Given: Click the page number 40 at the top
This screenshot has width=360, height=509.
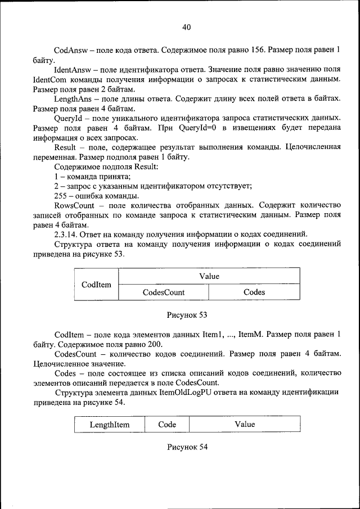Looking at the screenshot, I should (x=187, y=27).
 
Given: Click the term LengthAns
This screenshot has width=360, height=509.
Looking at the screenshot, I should (x=73, y=98).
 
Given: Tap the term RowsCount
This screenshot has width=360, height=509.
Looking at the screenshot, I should (x=74, y=206).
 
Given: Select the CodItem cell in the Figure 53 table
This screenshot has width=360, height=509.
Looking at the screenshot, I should (x=96, y=285).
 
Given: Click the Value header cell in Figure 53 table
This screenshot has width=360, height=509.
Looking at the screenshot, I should (x=209, y=276).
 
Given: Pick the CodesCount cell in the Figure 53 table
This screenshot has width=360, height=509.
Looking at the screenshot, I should (x=163, y=292).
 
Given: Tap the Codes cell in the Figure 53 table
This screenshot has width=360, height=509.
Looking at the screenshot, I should (x=254, y=292).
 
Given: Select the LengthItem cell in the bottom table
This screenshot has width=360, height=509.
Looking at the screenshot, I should (x=109, y=425).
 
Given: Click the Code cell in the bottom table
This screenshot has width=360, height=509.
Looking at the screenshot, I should (x=167, y=425).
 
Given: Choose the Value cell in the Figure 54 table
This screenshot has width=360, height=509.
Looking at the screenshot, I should (x=245, y=425).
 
